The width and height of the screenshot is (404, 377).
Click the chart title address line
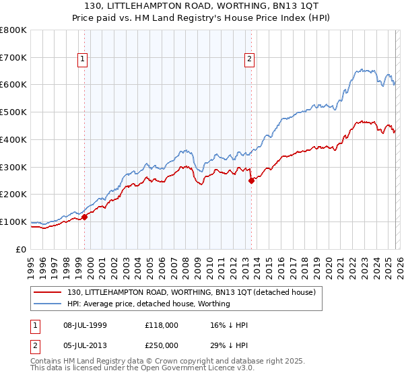click(x=201, y=6)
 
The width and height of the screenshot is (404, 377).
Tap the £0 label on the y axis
click(x=21, y=249)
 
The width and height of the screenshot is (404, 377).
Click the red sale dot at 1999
click(x=85, y=217)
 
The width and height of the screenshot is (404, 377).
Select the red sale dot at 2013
click(x=251, y=180)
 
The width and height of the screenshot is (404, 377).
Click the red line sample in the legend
click(x=48, y=292)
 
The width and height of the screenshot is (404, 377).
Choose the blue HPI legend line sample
click(x=48, y=304)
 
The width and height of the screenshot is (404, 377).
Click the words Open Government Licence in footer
click(x=151, y=369)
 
